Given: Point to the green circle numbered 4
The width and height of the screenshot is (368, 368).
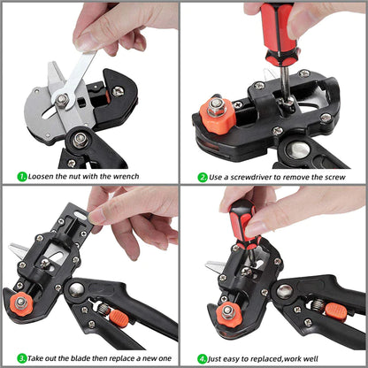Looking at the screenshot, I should click(x=203, y=358).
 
